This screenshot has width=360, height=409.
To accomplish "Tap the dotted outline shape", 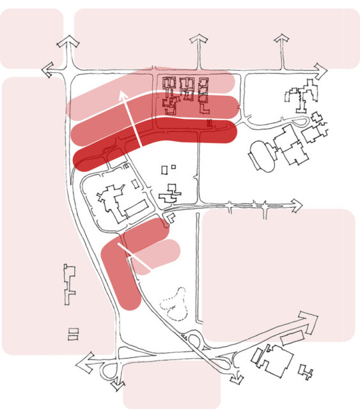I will [x=175, y=305].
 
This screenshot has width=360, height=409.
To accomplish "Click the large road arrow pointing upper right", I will [x=309, y=321].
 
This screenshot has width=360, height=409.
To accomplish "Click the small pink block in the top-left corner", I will [x=31, y=38].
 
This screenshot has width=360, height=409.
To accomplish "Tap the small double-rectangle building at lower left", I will [x=73, y=333].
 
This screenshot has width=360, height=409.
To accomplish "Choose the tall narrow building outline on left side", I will [x=69, y=284].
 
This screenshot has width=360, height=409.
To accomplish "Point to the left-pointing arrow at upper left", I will [x=48, y=69].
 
